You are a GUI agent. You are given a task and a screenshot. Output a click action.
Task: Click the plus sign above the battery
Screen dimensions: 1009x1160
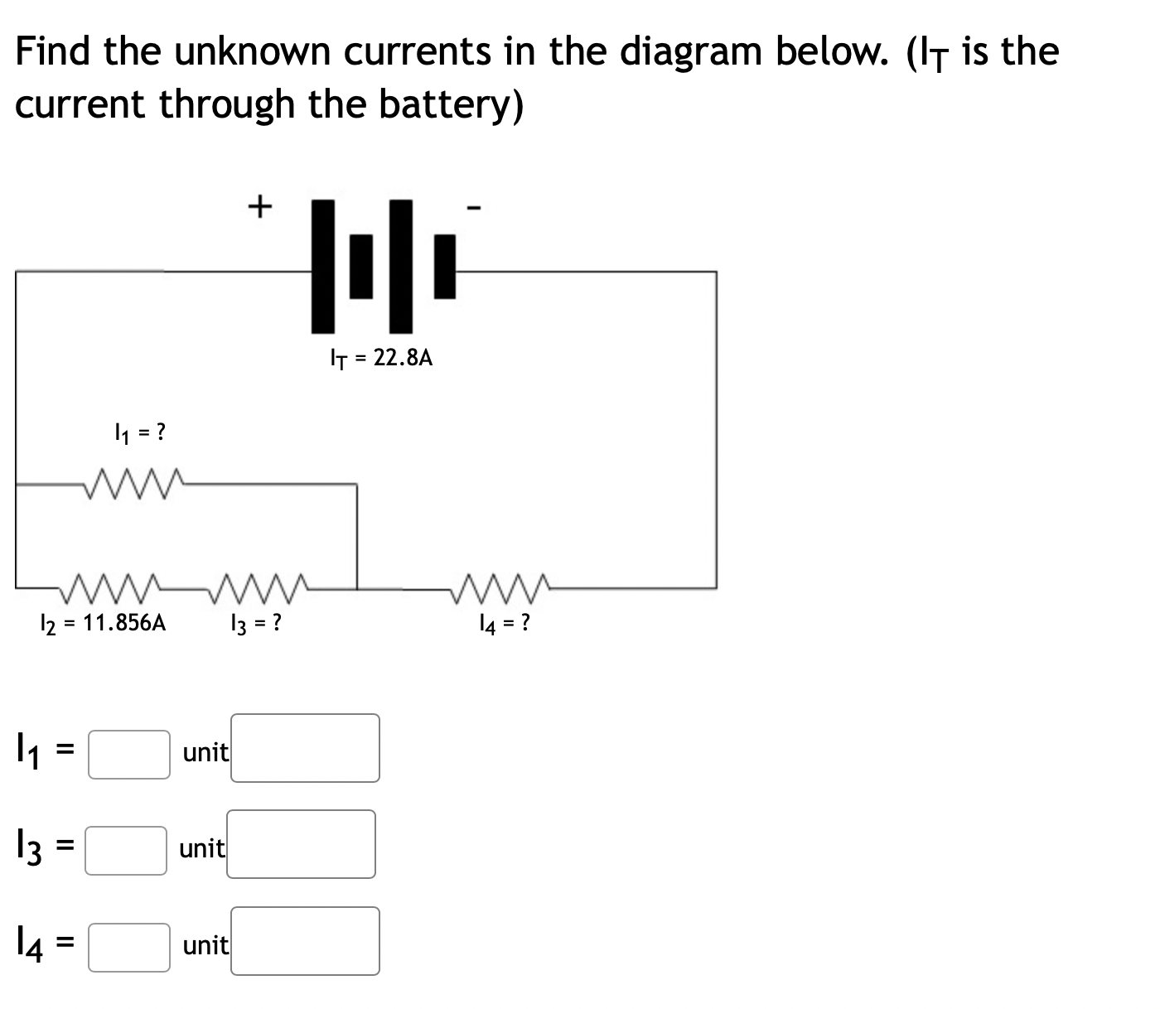coord(260,205)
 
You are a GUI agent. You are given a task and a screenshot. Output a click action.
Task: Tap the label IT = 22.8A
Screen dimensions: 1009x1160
coord(381,358)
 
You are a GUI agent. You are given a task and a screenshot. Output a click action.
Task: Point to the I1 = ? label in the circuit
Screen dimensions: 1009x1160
coord(139,432)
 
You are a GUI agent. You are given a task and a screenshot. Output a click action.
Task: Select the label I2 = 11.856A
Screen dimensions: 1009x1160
coord(104,623)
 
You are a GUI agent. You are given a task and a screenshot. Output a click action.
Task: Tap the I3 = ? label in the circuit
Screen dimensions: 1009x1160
coord(254,623)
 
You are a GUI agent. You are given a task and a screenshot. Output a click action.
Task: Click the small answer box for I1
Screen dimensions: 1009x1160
coord(129,754)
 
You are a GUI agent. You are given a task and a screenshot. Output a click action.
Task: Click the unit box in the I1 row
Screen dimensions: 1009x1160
coord(305,748)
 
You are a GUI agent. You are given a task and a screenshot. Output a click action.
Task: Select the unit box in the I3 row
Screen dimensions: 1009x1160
coord(301,844)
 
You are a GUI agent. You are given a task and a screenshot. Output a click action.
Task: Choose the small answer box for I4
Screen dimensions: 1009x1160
coord(129,947)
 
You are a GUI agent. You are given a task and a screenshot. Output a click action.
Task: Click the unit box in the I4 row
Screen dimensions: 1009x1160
coord(305,940)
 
